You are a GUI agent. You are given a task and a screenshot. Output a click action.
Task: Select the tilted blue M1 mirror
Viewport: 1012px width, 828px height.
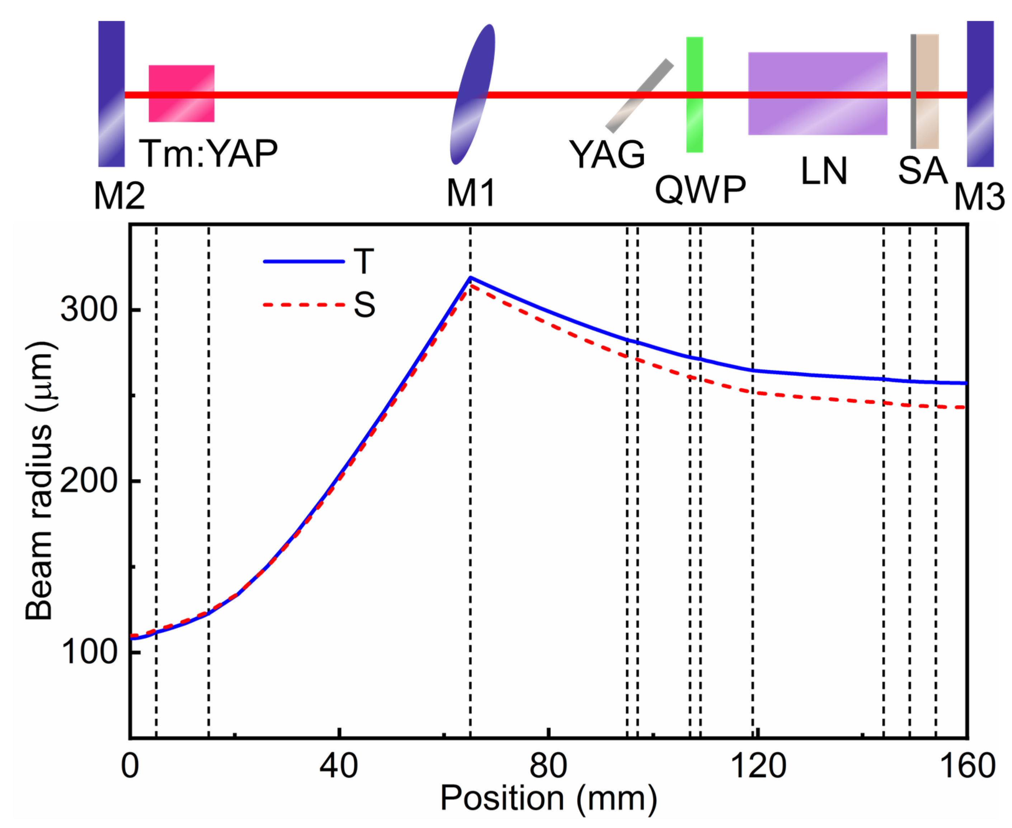(x=472, y=94)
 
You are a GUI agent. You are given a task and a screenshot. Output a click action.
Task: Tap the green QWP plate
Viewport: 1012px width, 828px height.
(x=694, y=94)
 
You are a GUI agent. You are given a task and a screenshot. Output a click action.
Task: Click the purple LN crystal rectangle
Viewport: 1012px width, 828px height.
(x=817, y=94)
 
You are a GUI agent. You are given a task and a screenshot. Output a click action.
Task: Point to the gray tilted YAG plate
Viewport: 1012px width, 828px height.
(x=639, y=95)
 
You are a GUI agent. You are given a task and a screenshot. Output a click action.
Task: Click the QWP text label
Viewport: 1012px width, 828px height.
(x=700, y=190)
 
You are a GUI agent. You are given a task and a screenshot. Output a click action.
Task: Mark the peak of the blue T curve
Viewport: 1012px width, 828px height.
(x=470, y=277)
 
